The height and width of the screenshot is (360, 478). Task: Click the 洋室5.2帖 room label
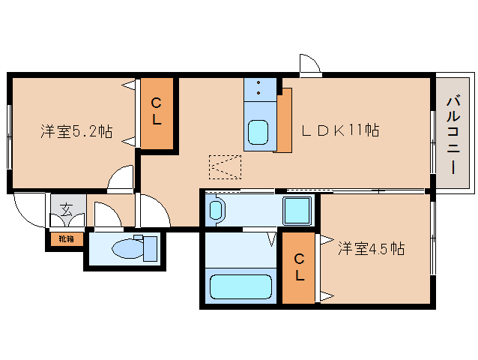[x=76, y=131]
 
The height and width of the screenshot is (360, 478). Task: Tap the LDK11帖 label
[x=340, y=130]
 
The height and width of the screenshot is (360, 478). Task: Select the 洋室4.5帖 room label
[x=372, y=248]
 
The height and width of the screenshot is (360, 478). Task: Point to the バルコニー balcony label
[x=453, y=134]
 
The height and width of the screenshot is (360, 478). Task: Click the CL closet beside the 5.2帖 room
[x=157, y=113]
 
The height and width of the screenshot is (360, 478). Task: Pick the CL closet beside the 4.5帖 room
[x=298, y=268]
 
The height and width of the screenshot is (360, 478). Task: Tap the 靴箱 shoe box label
[x=67, y=239]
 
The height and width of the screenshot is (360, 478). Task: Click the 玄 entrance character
[x=67, y=209]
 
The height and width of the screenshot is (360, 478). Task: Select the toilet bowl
[x=128, y=248]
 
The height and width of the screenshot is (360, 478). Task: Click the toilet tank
[x=150, y=248]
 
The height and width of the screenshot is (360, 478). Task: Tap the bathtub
[x=240, y=286]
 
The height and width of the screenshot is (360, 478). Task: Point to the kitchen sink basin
[x=258, y=132]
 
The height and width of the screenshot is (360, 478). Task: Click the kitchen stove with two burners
[x=260, y=90]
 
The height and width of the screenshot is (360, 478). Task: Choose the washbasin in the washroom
[x=216, y=210]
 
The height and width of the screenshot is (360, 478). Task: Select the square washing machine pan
[x=297, y=211]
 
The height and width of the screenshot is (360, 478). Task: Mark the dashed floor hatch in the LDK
[x=225, y=167]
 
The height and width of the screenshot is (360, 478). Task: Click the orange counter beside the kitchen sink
[x=285, y=120]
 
